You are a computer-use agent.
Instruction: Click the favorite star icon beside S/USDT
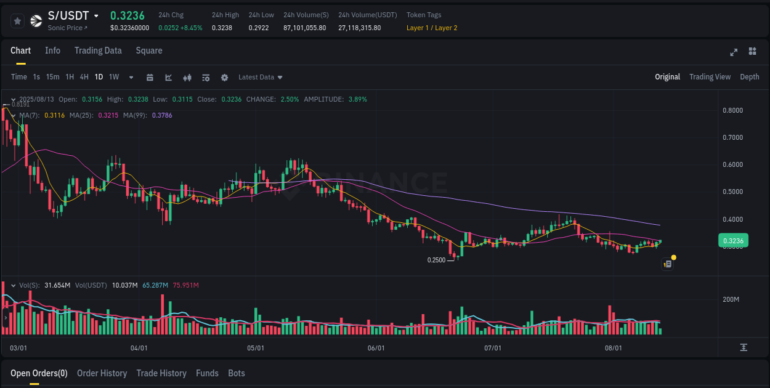pyautogui.click(x=17, y=21)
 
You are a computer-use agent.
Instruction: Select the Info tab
pyautogui.click(x=52, y=51)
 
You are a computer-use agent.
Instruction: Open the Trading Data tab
pyautogui.click(x=98, y=51)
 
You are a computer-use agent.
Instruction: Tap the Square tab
pyautogui.click(x=149, y=51)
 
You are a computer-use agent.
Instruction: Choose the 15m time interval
pyautogui.click(x=53, y=77)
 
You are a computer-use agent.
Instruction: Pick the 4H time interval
pyautogui.click(x=84, y=77)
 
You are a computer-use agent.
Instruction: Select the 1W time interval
pyautogui.click(x=114, y=77)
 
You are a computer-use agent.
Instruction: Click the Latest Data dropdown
pyautogui.click(x=261, y=77)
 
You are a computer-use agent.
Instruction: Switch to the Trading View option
pyautogui.click(x=710, y=77)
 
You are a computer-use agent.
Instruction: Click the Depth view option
pyautogui.click(x=750, y=77)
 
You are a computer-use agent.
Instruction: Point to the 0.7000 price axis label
pyautogui.click(x=732, y=137)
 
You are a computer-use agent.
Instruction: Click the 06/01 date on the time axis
pyautogui.click(x=376, y=348)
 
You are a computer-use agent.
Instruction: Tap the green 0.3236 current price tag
pyautogui.click(x=732, y=241)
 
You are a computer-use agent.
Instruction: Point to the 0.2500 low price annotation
pyautogui.click(x=436, y=260)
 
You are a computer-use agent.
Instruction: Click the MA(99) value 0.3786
pyautogui.click(x=162, y=115)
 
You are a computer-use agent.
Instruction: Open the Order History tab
pyautogui.click(x=102, y=373)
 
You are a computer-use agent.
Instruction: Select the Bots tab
pyautogui.click(x=237, y=373)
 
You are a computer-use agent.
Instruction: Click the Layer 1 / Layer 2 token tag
pyautogui.click(x=432, y=28)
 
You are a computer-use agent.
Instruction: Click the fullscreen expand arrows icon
pyautogui.click(x=734, y=52)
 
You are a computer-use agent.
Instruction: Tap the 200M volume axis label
pyautogui.click(x=731, y=299)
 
